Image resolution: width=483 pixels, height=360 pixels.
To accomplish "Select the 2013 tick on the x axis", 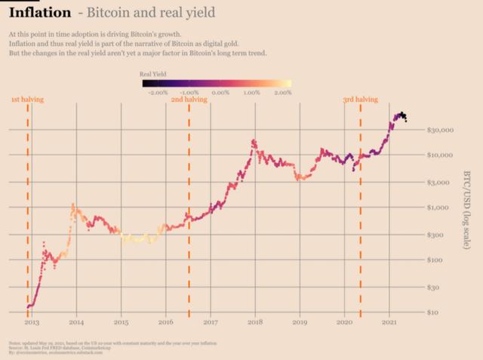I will [31, 322].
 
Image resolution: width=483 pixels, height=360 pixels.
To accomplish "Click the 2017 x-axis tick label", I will [211, 322].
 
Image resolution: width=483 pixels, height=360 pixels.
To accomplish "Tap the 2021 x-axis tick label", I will [389, 322].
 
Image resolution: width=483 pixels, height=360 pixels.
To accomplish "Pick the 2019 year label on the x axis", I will [300, 322].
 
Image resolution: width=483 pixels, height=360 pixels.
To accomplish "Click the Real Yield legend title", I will [153, 74].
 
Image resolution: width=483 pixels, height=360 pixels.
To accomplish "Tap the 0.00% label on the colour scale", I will [220, 92].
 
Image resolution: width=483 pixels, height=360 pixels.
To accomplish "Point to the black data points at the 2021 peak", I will [402, 115].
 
